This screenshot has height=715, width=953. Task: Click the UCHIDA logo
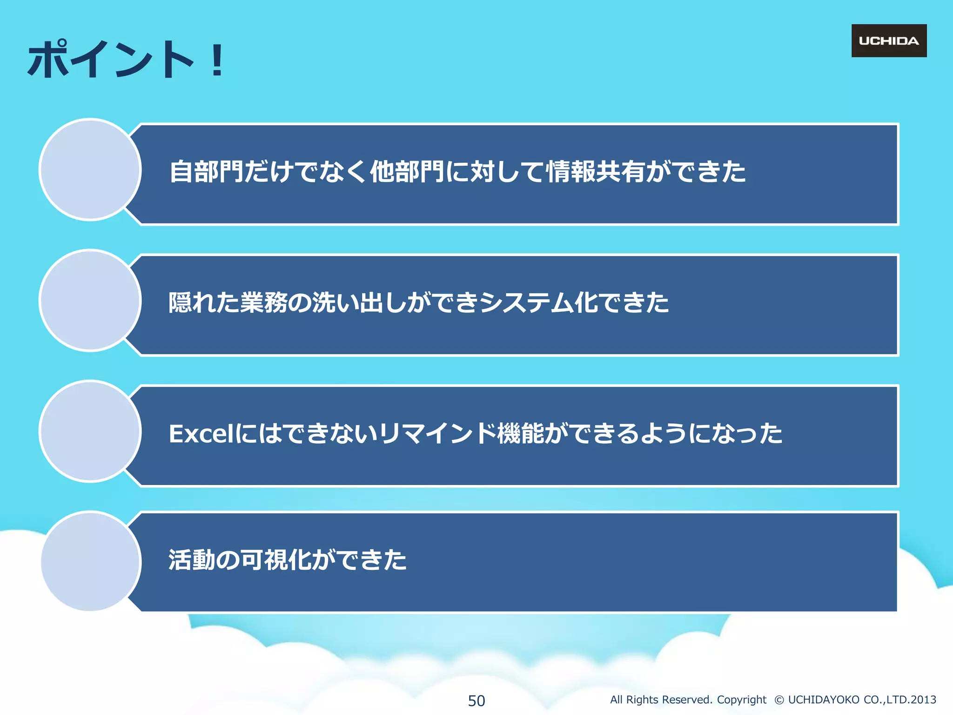[x=889, y=41]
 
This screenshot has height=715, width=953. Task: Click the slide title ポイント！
[x=126, y=60]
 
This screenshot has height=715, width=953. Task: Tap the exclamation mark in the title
[x=217, y=60]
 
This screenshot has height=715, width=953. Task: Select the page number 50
[x=476, y=701]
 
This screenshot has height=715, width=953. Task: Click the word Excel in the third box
[x=201, y=434]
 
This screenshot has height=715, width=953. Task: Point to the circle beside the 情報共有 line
[x=90, y=169]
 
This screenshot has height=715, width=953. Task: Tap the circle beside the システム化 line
[x=90, y=300]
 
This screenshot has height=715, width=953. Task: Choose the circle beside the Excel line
[x=90, y=431]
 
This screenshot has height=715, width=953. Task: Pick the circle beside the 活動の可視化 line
[x=90, y=561]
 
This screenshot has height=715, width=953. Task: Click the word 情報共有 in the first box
[x=595, y=172]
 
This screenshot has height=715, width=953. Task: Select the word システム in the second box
[x=526, y=303]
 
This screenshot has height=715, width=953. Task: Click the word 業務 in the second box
[x=263, y=303]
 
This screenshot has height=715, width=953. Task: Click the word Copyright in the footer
[x=741, y=700]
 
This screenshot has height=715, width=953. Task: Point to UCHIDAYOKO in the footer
[x=824, y=700]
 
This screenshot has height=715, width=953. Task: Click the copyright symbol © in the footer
[x=779, y=700]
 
